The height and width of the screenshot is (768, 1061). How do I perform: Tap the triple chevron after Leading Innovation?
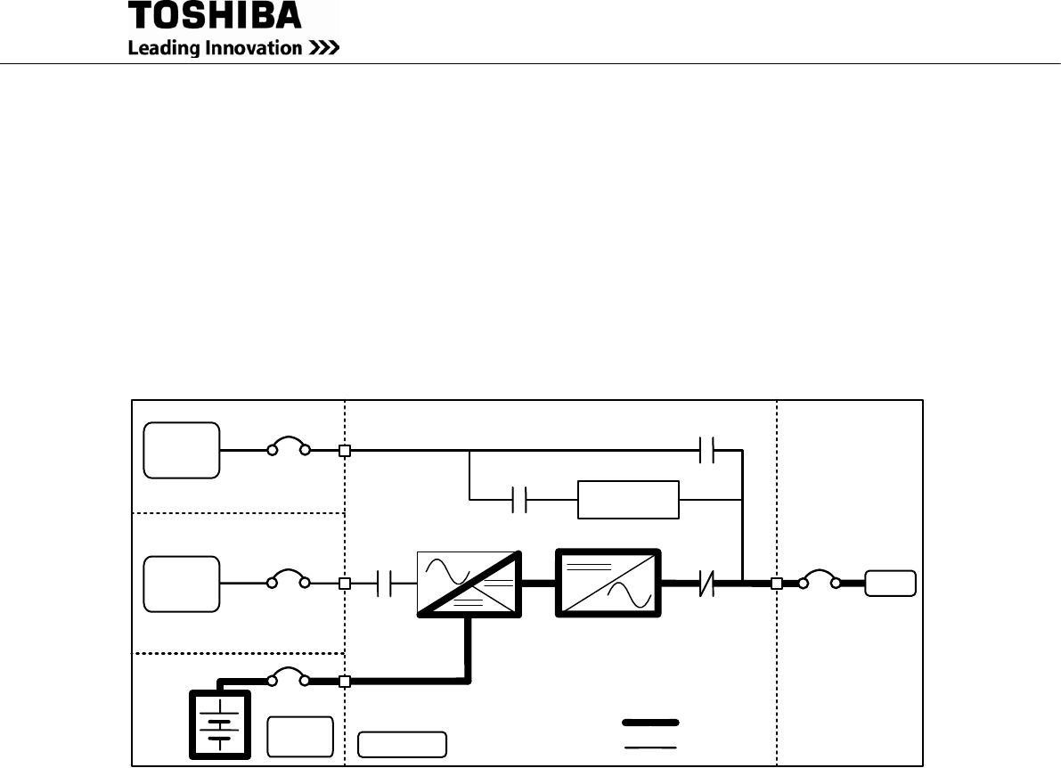tap(324, 49)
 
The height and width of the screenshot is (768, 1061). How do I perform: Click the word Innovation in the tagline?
tap(254, 49)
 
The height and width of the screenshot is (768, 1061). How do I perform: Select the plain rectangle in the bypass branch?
tap(628, 500)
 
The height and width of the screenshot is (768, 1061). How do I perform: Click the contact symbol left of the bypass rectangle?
tap(521, 500)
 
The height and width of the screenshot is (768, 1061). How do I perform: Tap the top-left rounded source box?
tap(182, 450)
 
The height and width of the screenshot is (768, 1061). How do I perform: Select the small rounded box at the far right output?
tap(891, 584)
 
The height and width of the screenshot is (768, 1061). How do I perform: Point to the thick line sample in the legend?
tap(650, 720)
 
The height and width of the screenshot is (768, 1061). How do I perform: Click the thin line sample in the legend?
tap(650, 747)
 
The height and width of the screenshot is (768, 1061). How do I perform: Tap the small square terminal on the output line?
tap(776, 584)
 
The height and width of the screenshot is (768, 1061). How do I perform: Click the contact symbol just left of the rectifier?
tap(385, 584)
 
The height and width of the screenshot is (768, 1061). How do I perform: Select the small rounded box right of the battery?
tap(300, 736)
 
